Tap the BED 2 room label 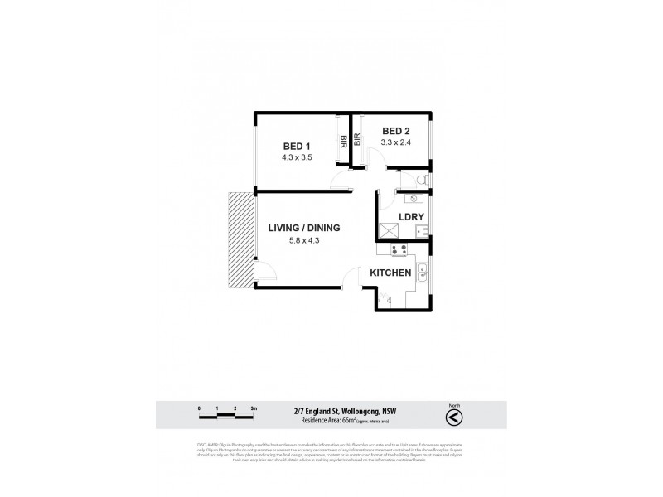click(x=395, y=131)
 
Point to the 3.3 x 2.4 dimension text click(x=395, y=142)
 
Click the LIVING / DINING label click(x=304, y=228)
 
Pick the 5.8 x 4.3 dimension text click(x=304, y=240)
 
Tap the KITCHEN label click(x=391, y=273)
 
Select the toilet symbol click(x=420, y=180)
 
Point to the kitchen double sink click(x=423, y=272)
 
